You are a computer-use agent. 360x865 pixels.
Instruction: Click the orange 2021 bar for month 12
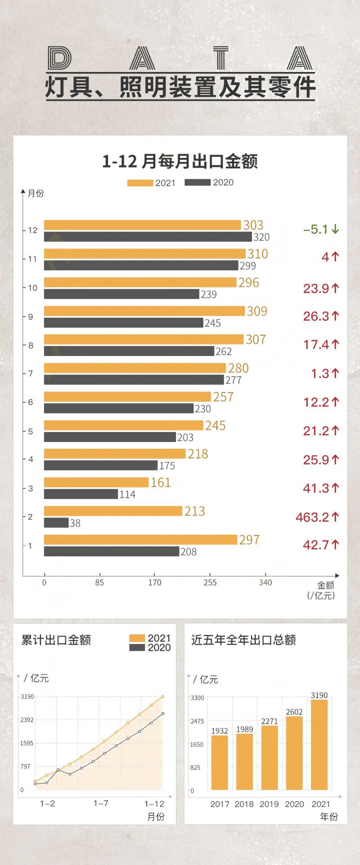coord(142,225)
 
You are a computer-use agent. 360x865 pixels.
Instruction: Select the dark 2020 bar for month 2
coord(56,523)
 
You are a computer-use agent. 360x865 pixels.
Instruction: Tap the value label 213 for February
coord(194,511)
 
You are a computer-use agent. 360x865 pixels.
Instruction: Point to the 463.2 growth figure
coord(312,517)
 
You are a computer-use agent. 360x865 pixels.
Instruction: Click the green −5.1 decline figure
coord(316,230)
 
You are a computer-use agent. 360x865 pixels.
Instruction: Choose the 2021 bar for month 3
coord(96,482)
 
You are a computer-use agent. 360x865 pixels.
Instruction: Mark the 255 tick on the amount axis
coord(210,582)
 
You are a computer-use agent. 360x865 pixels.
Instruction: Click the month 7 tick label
coord(31,374)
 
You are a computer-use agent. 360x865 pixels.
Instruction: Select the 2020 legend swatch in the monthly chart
coord(198,182)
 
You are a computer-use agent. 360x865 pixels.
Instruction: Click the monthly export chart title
coord(180,162)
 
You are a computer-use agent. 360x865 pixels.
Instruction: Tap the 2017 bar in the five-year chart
coord(220,762)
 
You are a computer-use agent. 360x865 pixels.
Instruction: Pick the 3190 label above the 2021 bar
coord(319,695)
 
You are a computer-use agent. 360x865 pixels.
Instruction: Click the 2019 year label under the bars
coord(269,804)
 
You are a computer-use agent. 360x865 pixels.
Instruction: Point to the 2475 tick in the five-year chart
coord(197,721)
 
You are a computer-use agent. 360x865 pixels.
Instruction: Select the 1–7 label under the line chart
coord(101,803)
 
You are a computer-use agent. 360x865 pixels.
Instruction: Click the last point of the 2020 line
coord(162,713)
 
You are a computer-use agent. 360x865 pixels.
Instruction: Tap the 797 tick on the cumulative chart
coord(25,766)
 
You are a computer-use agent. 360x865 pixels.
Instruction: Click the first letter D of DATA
coord(60,59)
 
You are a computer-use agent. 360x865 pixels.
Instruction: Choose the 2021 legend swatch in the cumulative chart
coord(137,638)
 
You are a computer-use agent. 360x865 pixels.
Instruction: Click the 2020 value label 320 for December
coord(261,237)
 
